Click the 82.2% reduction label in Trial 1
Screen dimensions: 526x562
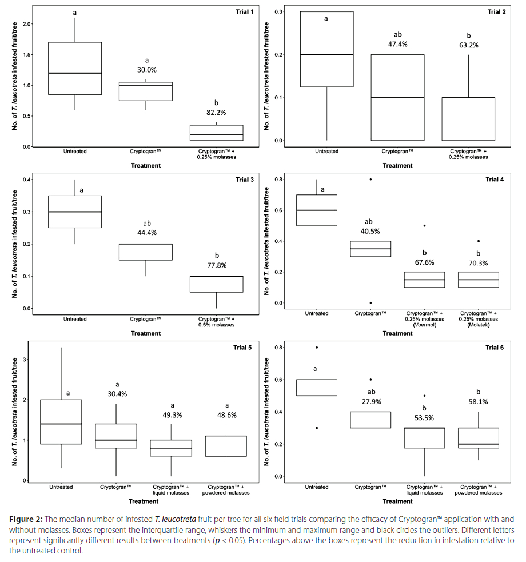(x=216, y=113)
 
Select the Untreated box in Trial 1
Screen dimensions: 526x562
(x=75, y=69)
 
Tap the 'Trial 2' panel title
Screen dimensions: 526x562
(x=496, y=12)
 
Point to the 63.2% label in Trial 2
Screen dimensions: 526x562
(x=469, y=45)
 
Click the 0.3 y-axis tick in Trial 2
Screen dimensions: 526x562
(x=278, y=12)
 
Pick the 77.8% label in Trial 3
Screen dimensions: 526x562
(x=217, y=265)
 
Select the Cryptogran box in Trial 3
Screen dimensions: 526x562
(x=146, y=252)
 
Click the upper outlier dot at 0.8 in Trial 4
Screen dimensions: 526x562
(x=370, y=179)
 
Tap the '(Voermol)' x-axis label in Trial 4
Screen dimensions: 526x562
(x=425, y=325)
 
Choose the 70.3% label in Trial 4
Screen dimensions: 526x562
(x=479, y=263)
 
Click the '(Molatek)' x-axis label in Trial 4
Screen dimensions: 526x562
(x=479, y=325)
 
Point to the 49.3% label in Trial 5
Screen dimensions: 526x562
(x=172, y=415)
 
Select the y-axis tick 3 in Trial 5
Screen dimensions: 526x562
(x=25, y=359)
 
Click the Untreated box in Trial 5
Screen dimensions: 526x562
(x=61, y=422)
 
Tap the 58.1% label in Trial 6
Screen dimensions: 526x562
(x=478, y=402)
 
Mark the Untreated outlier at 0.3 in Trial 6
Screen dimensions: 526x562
(x=317, y=428)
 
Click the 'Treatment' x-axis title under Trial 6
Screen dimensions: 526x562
(x=397, y=501)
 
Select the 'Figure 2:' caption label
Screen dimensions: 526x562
(x=26, y=519)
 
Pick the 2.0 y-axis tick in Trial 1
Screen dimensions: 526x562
(x=27, y=24)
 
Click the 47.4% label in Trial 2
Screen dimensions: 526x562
(x=398, y=44)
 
